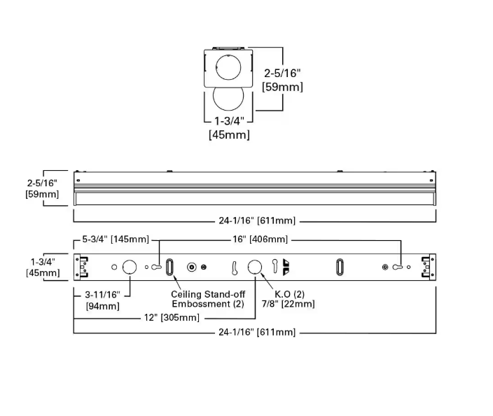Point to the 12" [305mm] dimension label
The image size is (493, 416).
pos(171,317)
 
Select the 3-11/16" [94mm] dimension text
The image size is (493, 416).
pos(102,300)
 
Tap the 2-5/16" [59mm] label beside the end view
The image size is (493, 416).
pos(283,79)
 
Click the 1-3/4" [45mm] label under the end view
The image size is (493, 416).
pos(229,127)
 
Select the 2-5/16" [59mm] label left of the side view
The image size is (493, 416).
pos(42,188)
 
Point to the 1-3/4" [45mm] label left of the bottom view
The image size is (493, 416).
pos(42,267)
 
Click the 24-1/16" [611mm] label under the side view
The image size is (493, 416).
pos(256,221)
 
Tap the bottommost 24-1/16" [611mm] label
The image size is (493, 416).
pos(256,332)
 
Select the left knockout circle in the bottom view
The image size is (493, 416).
pos(129,267)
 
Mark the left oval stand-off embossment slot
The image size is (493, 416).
pos(169,267)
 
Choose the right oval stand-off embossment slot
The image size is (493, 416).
pos(340,267)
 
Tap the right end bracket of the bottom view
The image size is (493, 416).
pos(426,267)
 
